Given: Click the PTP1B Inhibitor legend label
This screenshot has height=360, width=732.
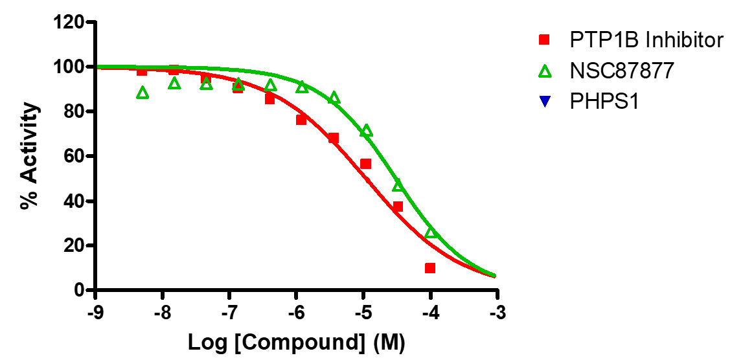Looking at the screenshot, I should [646, 40].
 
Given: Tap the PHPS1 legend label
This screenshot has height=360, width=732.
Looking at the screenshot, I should [604, 102].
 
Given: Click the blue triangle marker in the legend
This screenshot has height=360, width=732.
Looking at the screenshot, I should [545, 102].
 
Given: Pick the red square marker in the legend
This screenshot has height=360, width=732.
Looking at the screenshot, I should [545, 40].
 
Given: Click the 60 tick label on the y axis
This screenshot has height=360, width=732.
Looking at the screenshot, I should [77, 157].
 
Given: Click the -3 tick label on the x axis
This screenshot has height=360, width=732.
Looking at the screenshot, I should [497, 313].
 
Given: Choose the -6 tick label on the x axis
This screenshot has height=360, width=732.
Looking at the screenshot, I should [297, 313].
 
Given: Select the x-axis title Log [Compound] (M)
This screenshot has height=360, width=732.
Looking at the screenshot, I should [296, 343].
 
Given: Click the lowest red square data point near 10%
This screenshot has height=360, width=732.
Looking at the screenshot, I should [430, 268].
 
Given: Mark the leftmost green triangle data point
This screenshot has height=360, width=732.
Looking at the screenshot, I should [143, 93].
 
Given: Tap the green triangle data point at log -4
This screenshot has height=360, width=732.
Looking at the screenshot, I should [431, 232].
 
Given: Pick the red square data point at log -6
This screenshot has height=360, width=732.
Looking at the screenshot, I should [301, 120].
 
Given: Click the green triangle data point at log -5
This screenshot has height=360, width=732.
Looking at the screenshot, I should [366, 131].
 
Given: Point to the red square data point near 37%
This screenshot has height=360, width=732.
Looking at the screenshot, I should [398, 207].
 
